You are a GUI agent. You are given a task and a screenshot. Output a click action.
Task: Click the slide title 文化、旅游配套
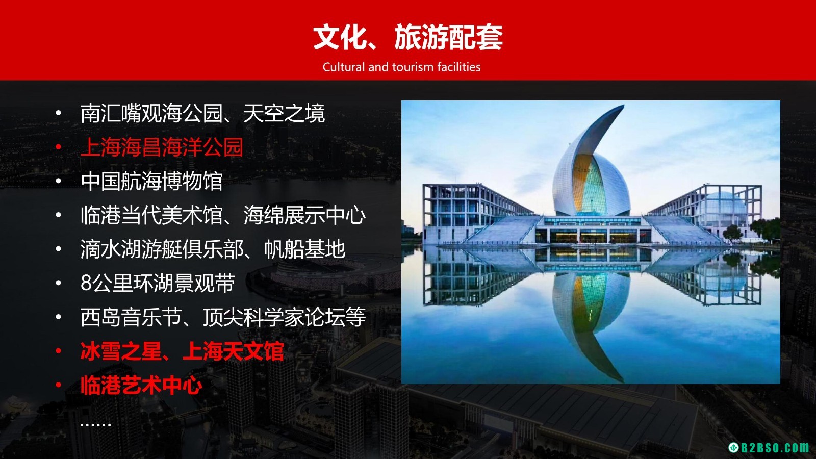tap(407, 37)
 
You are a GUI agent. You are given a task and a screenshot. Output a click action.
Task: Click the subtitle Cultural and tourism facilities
tap(401, 67)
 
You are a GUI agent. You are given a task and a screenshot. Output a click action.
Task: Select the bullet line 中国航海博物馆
tap(151, 181)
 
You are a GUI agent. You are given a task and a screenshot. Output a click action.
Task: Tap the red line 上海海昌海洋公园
tap(162, 147)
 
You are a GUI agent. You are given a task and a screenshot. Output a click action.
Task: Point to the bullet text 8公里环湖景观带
tap(158, 283)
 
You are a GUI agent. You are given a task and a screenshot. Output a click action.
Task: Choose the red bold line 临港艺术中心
tap(141, 386)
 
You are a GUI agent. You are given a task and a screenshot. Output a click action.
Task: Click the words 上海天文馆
tap(233, 351)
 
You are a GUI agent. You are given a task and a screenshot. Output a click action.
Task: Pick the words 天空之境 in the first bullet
tap(284, 113)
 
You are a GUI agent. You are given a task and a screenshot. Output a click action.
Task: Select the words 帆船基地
tap(304, 249)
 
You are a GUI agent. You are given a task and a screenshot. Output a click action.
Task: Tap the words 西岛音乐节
tap(131, 317)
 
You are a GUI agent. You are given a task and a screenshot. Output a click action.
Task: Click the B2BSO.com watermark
tap(772, 447)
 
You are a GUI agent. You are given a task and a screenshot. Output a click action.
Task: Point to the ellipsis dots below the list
tap(95, 424)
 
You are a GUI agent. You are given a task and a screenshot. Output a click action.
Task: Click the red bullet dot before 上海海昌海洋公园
tap(58, 147)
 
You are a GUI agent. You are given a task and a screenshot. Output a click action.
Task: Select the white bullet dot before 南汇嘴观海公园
tap(58, 113)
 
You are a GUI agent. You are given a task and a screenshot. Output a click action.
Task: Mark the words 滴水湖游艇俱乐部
tap(162, 249)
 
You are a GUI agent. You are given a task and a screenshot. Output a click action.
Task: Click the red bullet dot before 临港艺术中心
tap(58, 386)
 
